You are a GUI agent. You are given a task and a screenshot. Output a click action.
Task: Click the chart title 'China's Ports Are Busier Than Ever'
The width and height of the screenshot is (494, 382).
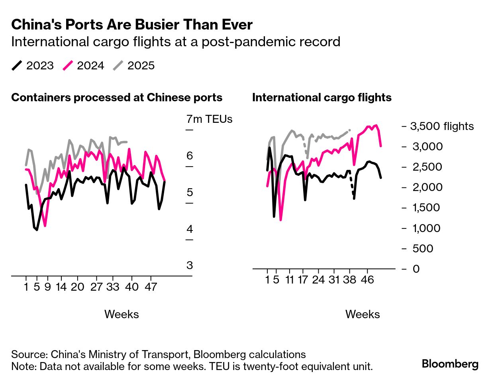click(x=132, y=25)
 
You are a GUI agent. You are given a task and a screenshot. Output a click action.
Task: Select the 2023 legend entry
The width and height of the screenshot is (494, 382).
click(x=33, y=66)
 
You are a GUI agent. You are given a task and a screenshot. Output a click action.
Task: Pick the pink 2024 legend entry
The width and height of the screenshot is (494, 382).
click(x=83, y=66)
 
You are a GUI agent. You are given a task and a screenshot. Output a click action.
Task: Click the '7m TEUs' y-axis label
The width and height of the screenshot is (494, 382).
click(x=209, y=119)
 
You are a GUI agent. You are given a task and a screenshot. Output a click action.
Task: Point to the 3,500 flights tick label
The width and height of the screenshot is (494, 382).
click(x=442, y=126)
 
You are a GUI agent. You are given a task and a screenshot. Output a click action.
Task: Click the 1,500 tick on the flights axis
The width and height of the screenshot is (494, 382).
click(x=426, y=208)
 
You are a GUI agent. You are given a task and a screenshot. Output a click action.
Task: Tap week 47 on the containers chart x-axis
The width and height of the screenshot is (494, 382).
click(x=151, y=287)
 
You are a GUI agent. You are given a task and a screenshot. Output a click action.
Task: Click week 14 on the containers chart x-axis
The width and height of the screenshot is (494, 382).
click(x=61, y=287)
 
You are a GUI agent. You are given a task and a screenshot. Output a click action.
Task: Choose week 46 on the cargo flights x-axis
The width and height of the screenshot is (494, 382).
click(x=367, y=280)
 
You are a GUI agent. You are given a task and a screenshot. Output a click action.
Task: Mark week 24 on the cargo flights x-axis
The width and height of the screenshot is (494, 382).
click(x=318, y=280)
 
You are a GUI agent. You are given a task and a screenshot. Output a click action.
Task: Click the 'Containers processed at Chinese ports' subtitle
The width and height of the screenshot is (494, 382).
click(x=117, y=98)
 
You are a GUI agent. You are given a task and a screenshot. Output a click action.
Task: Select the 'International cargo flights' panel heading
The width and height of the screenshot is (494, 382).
click(x=322, y=98)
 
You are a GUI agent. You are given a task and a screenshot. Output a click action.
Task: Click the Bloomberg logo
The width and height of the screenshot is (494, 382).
click(x=450, y=364)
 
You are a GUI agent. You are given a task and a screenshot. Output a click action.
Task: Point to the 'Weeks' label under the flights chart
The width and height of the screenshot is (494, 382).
click(x=363, y=314)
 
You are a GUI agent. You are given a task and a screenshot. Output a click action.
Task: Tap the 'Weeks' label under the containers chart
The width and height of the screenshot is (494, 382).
click(x=122, y=314)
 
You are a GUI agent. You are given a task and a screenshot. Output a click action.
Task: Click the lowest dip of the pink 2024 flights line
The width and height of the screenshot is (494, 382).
click(x=280, y=220)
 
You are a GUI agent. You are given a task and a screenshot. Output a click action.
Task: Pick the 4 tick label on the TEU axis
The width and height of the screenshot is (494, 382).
click(x=190, y=229)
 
